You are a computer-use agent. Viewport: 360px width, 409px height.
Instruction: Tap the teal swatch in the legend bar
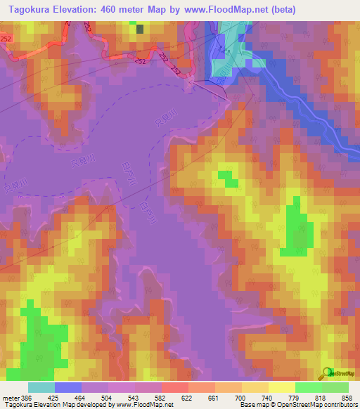coord(41,387)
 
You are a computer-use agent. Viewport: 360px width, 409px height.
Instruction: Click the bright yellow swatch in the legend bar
coord(281,387)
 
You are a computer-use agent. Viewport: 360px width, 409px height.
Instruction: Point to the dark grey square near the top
coord(140,29)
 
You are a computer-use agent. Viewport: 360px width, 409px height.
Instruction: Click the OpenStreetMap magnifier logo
coord(327,372)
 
